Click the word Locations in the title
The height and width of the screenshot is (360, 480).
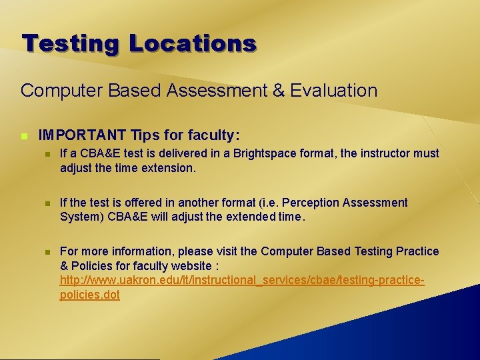click(192, 43)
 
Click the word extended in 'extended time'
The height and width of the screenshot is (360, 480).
click(243, 216)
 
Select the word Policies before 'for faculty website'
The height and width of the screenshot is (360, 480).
click(93, 265)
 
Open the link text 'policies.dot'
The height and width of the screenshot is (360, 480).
click(90, 295)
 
